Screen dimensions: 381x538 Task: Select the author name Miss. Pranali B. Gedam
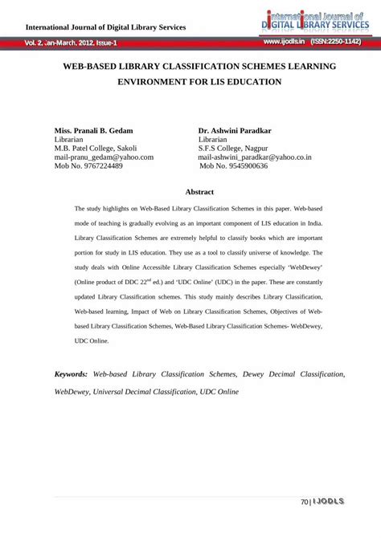(x=93, y=129)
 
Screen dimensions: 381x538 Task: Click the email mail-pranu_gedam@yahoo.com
(x=104, y=157)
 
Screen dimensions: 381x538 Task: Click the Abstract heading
(x=199, y=193)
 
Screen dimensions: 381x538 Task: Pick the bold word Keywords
(x=71, y=374)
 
